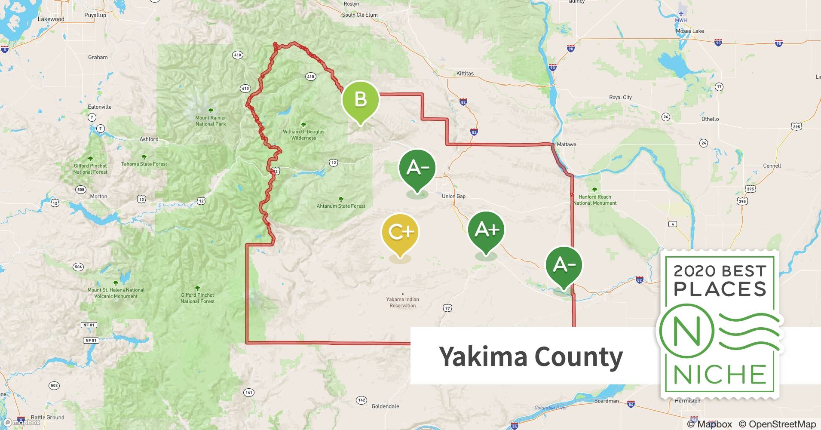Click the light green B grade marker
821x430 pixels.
360,100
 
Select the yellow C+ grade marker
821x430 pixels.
400,232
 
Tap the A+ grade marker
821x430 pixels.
486,230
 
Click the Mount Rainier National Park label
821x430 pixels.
211,121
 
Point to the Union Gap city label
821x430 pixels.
453,196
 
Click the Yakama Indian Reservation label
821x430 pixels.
402,302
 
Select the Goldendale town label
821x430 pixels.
385,406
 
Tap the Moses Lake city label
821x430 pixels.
689,31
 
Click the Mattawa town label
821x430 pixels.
567,144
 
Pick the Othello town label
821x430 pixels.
710,119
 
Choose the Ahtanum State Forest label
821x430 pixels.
341,206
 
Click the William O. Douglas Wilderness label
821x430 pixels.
303,135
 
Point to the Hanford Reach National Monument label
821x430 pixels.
595,200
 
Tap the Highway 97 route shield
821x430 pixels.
447,308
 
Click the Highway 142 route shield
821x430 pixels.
361,400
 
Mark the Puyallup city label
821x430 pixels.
95,15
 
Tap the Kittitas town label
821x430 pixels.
465,74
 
